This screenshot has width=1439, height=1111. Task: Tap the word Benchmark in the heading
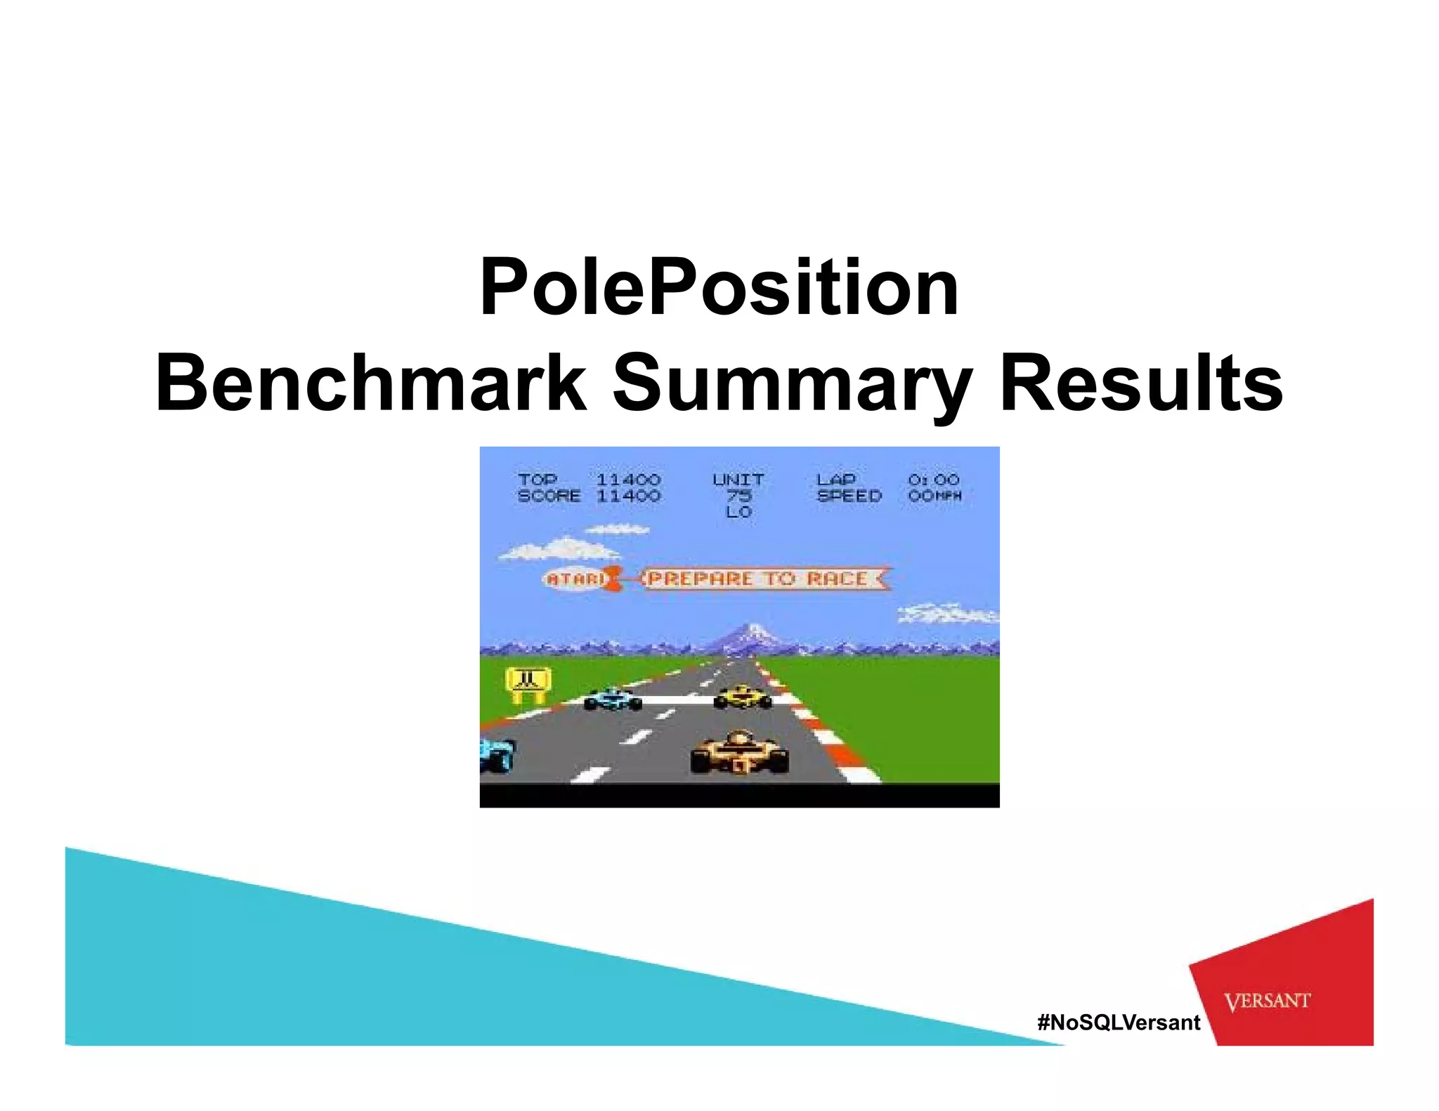click(370, 384)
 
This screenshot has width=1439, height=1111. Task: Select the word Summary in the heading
click(792, 384)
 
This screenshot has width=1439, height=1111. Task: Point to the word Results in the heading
click(1140, 384)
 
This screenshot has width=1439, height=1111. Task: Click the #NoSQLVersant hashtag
click(1119, 1022)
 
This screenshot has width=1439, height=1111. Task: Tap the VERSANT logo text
click(1267, 1001)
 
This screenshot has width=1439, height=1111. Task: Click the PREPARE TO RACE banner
click(757, 579)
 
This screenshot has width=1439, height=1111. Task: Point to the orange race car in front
click(739, 753)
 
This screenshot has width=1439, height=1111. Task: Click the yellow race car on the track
click(743, 697)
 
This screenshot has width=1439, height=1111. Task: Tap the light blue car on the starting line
click(613, 699)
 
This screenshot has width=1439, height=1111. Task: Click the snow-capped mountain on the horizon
click(753, 636)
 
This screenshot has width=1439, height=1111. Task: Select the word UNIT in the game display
click(738, 480)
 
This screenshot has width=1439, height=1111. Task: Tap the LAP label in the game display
click(835, 480)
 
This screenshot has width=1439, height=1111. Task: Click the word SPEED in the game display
click(849, 496)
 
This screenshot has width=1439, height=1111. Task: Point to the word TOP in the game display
click(538, 480)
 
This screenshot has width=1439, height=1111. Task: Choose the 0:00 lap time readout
click(933, 480)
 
